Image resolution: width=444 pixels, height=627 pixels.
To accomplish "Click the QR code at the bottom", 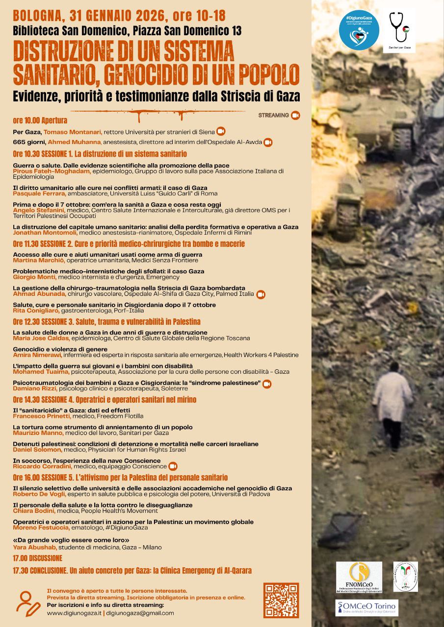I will coord(281,600).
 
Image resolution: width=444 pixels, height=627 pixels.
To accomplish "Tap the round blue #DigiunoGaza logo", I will coord(359,30).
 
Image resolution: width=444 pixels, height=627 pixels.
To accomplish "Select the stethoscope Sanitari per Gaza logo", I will coord(399,30).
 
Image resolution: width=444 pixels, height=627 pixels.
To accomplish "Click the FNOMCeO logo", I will coord(359,578).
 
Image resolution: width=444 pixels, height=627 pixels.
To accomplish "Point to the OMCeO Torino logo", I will coord(366,607).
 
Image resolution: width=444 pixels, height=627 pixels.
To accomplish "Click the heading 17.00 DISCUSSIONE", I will coord(38,558).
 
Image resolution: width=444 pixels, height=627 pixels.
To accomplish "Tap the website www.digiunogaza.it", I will coord(75,613).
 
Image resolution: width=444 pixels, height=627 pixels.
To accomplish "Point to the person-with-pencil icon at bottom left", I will coord(28,603).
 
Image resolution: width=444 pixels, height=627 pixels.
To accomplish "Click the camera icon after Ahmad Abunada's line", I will coord(261,294).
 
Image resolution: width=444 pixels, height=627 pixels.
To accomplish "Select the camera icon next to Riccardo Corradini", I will coord(173,466).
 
